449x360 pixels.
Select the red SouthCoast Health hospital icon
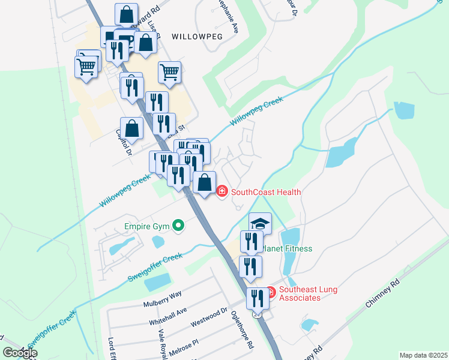coord(221,192)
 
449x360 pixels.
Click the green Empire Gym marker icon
coord(178,226)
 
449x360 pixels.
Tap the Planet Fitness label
coord(287,248)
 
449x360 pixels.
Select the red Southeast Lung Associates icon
coord(270,292)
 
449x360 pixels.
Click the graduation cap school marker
coord(260,223)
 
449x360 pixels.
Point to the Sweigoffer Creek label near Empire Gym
coord(155,268)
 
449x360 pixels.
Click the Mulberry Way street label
coord(162,299)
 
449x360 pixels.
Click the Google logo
coord(20,353)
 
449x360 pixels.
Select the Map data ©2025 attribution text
coord(423,355)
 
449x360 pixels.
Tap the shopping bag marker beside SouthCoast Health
coord(205,182)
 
